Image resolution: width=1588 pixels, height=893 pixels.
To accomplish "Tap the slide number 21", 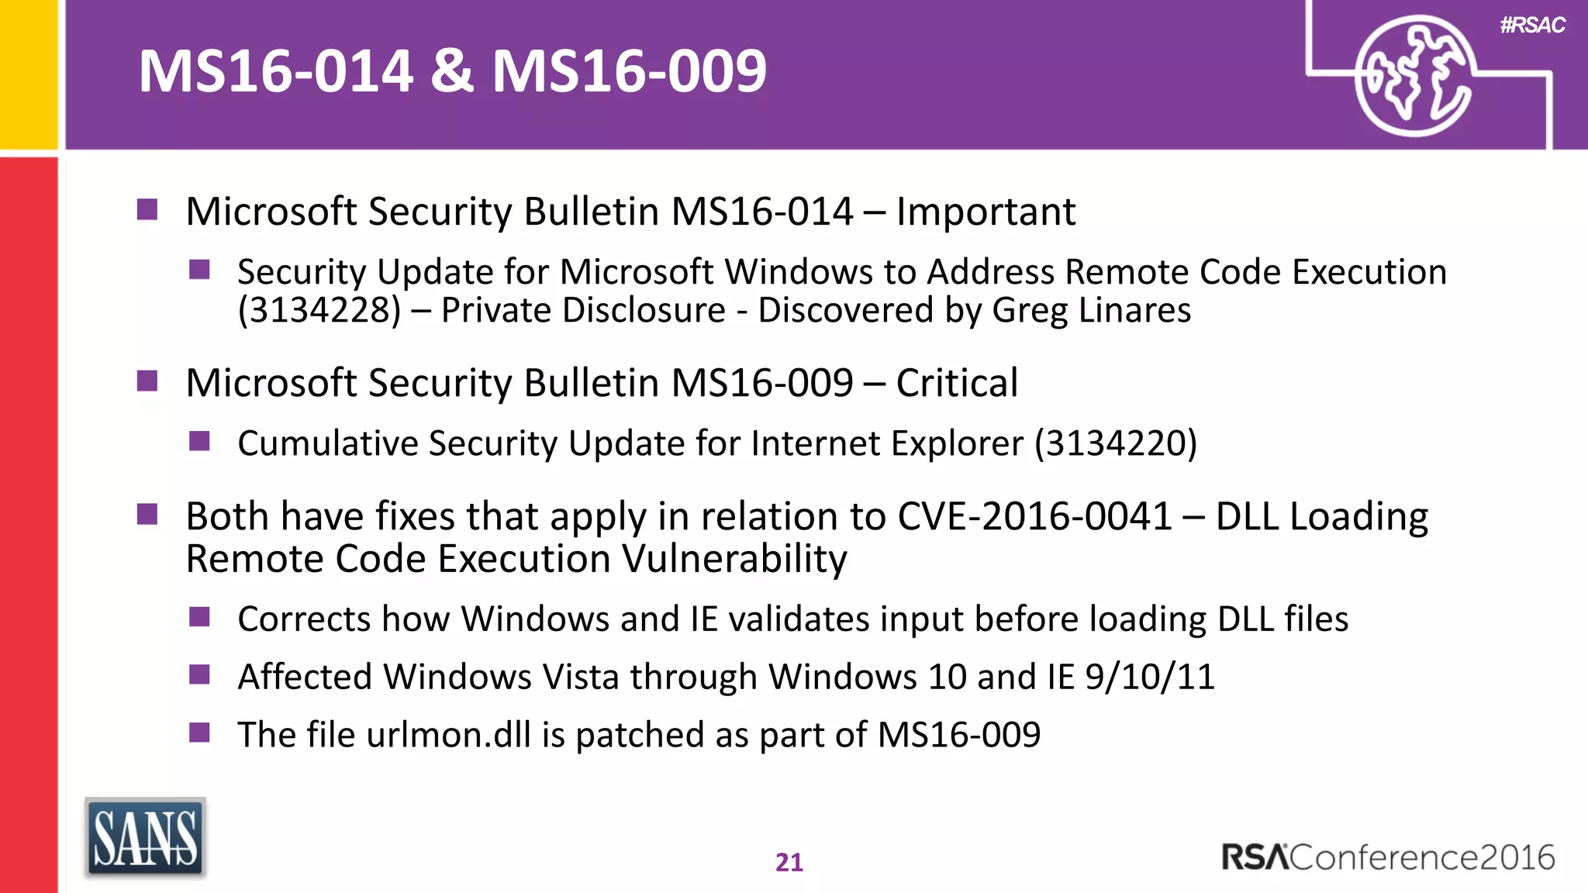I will [x=789, y=862].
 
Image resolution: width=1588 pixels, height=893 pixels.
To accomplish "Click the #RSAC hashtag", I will [x=1532, y=26].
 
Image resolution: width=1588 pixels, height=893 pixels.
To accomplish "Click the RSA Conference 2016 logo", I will [x=1388, y=857].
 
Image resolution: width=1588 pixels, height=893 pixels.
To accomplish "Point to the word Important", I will [x=986, y=212].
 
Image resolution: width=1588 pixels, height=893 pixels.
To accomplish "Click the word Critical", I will [x=957, y=383].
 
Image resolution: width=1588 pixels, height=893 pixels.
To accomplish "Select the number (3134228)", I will [x=319, y=311].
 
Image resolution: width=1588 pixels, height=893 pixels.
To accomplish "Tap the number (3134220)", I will [x=1116, y=443].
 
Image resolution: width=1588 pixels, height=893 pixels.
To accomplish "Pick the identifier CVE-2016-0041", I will [x=1034, y=516].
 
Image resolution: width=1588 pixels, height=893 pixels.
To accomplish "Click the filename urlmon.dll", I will [x=449, y=735].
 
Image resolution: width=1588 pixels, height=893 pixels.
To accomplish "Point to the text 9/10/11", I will [x=1149, y=677].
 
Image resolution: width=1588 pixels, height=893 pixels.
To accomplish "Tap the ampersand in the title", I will [x=452, y=71].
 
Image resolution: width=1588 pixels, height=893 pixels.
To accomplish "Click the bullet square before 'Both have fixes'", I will [x=147, y=515].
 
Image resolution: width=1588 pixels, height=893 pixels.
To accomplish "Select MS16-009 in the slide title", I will [x=629, y=71].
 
